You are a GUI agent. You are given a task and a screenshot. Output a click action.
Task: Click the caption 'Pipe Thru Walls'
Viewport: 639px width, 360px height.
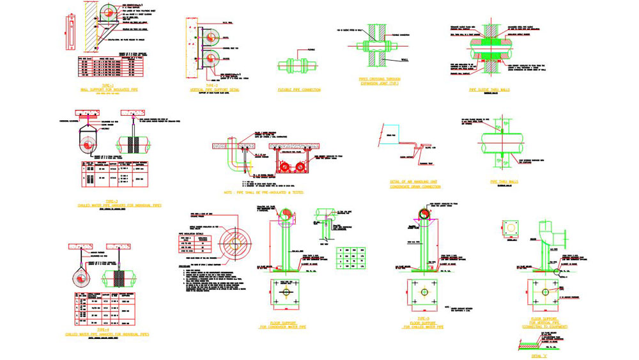[504, 182]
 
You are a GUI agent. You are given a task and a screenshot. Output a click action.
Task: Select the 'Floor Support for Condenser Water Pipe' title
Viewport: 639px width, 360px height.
[282, 325]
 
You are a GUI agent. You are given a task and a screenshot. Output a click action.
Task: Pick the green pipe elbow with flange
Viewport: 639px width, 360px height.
[550, 233]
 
